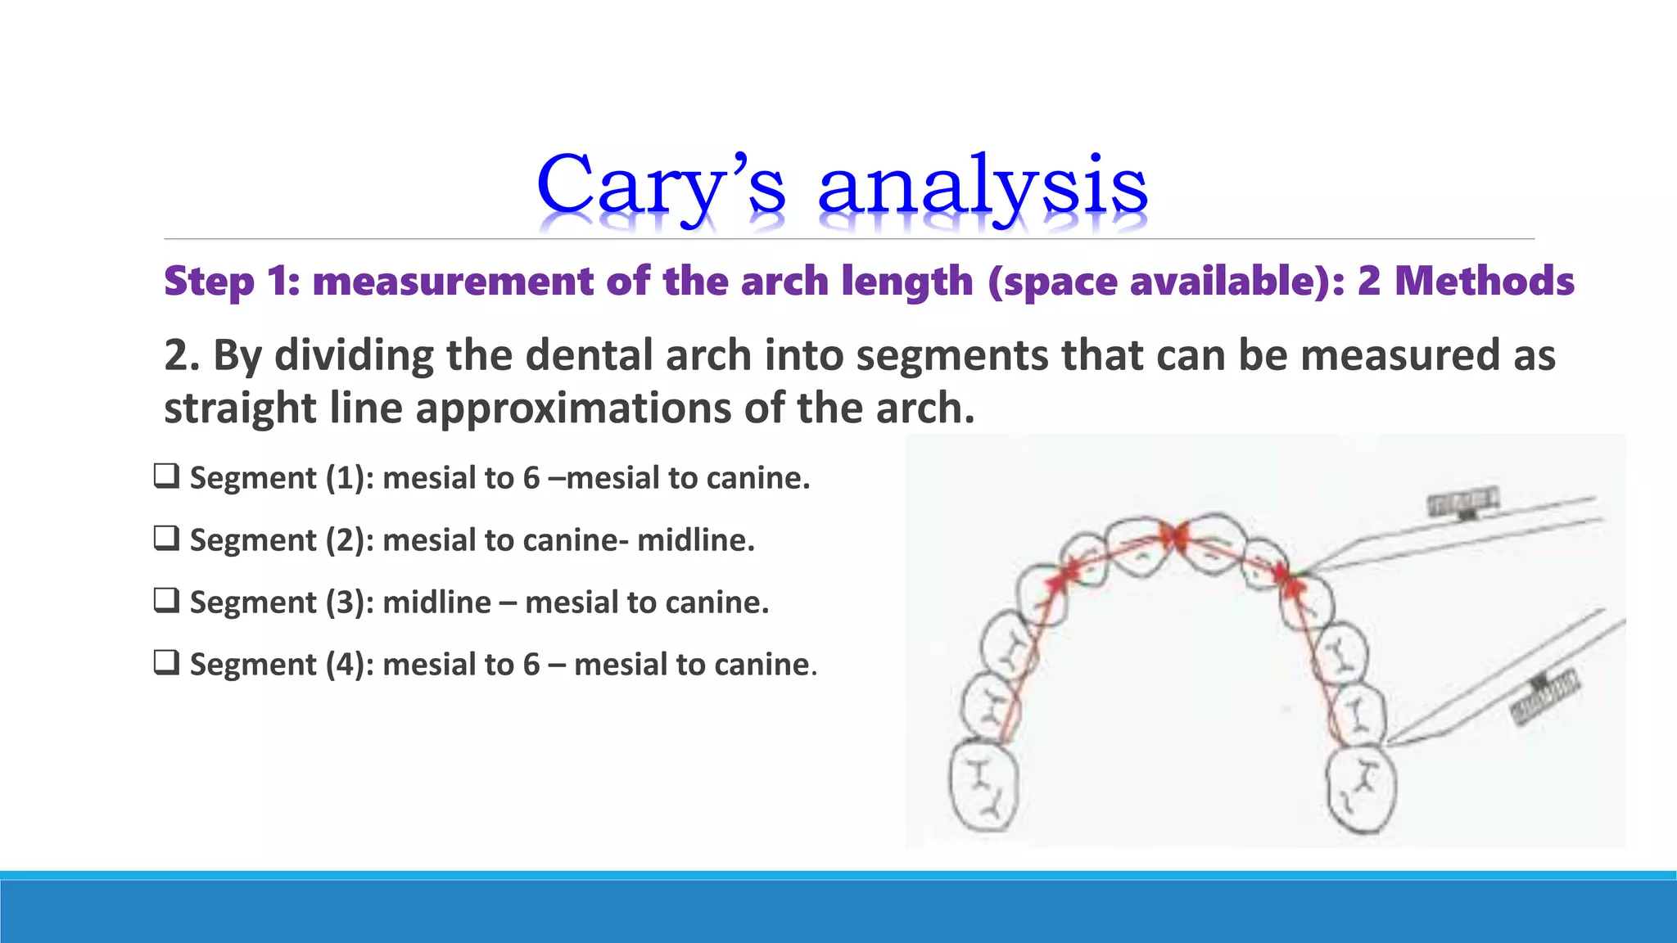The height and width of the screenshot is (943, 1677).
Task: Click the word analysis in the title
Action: click(983, 187)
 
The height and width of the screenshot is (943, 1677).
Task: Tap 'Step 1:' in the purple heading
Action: click(233, 282)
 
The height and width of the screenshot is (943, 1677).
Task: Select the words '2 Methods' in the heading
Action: click(1466, 282)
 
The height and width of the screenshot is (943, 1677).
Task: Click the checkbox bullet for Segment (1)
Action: click(166, 476)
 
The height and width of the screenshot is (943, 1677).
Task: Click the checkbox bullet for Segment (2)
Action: click(166, 538)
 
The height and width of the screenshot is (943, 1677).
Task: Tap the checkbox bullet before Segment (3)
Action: click(166, 600)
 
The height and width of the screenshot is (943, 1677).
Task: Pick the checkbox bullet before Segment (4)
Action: click(166, 662)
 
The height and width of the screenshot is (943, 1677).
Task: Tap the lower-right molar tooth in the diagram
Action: click(1361, 790)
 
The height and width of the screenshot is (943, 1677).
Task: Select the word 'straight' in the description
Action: click(239, 408)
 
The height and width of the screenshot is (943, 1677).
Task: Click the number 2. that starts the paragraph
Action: click(182, 355)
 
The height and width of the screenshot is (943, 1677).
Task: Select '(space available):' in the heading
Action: click(1166, 282)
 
